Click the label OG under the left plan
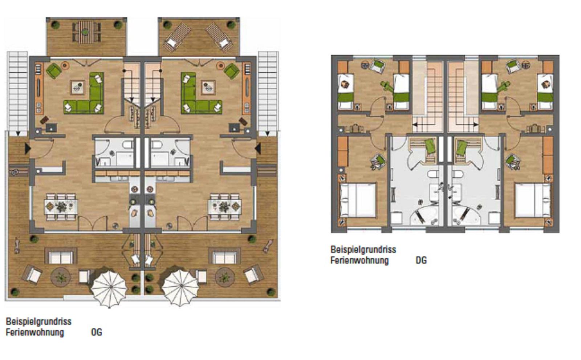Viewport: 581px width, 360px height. [97, 332]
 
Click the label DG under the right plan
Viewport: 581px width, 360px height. [421, 260]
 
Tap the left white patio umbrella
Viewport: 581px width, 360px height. [109, 288]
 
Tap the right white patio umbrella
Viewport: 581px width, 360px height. [180, 288]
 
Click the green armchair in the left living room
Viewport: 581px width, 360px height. [54, 71]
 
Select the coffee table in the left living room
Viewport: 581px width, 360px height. [78, 88]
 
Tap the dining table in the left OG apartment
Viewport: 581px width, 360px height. [61, 207]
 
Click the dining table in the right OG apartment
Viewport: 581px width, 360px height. [225, 207]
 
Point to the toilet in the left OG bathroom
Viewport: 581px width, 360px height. [128, 145]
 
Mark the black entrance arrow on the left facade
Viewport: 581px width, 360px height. [28, 149]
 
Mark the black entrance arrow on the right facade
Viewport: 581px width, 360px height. [258, 149]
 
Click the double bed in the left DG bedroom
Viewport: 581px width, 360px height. [358, 200]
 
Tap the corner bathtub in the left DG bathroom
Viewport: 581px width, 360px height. [424, 216]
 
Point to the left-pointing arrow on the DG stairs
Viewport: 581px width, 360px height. [427, 125]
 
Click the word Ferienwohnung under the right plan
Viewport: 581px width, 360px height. [359, 260]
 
